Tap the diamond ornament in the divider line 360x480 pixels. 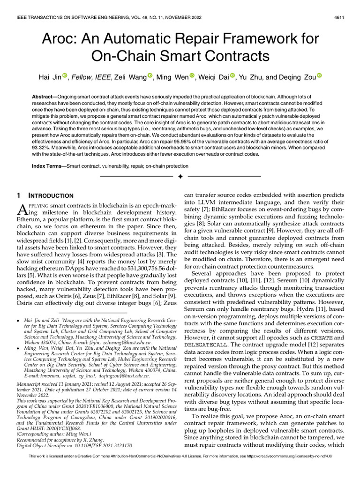click(180, 177)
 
